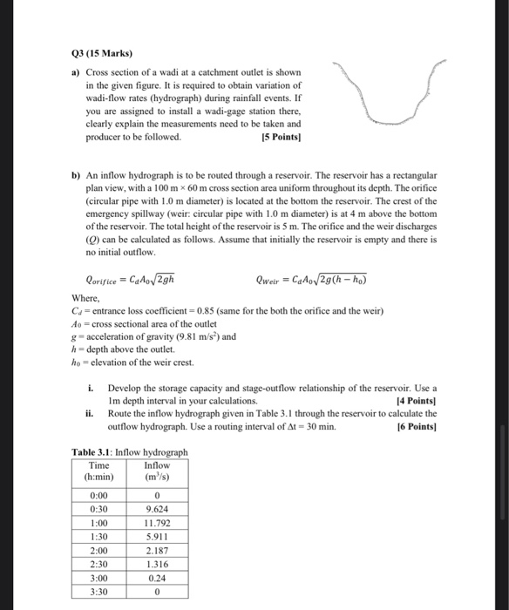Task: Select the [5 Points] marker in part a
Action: (x=281, y=137)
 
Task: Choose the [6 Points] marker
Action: (x=416, y=428)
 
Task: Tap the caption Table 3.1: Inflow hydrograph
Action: (x=128, y=451)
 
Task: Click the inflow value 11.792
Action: (x=158, y=524)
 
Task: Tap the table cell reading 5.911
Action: (x=158, y=538)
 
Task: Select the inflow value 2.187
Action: (x=158, y=552)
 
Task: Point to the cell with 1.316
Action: (x=158, y=566)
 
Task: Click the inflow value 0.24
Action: (x=158, y=580)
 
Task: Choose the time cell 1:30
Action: (x=99, y=538)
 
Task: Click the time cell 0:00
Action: (x=99, y=495)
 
